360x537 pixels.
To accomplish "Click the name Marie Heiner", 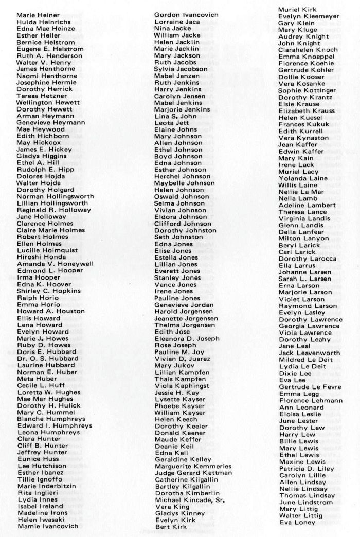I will click(x=38, y=15).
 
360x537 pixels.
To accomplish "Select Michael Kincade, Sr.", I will click(x=191, y=499).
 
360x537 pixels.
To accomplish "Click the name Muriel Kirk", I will click(x=297, y=10).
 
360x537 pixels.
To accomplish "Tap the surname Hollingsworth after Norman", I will click(x=69, y=196).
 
